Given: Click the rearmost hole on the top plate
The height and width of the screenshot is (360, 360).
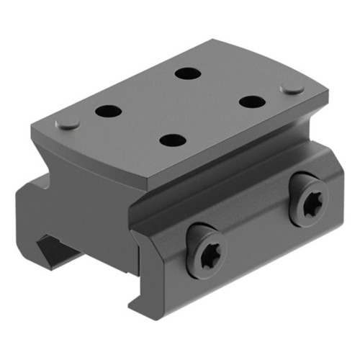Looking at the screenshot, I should [189, 73].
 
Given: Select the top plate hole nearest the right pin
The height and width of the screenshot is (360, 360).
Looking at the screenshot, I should [253, 102].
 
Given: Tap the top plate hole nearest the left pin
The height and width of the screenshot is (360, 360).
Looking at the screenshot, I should [109, 112].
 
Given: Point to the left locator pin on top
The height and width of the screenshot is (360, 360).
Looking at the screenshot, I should [68, 123].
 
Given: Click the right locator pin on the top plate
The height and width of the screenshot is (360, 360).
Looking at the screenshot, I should [292, 88].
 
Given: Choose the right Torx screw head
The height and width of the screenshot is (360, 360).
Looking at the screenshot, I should [311, 204].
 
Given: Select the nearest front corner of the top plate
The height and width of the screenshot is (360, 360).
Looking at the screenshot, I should [152, 178].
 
